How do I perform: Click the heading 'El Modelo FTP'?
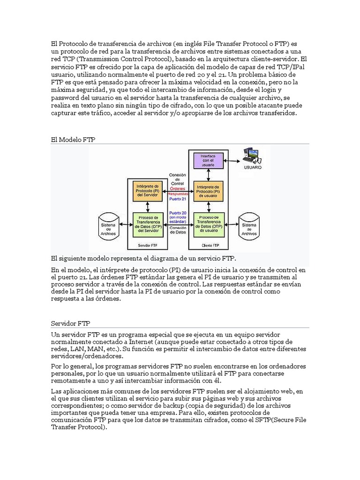[73, 139]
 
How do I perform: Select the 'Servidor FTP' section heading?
[70, 323]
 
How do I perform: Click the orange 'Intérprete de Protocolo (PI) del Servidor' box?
[146, 189]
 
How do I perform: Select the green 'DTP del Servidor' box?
[146, 224]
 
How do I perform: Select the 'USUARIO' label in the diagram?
[253, 167]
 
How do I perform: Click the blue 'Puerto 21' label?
[177, 199]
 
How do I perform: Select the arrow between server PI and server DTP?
[146, 207]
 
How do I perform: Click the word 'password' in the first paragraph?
[65, 97]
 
